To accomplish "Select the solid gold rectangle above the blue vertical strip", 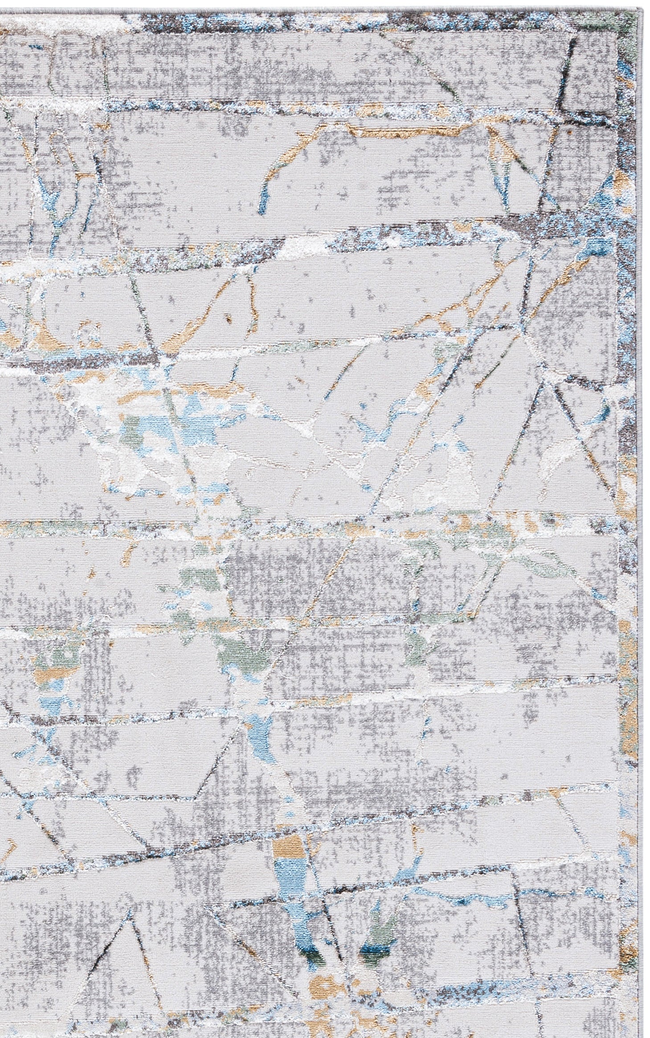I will tap(289, 805).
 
